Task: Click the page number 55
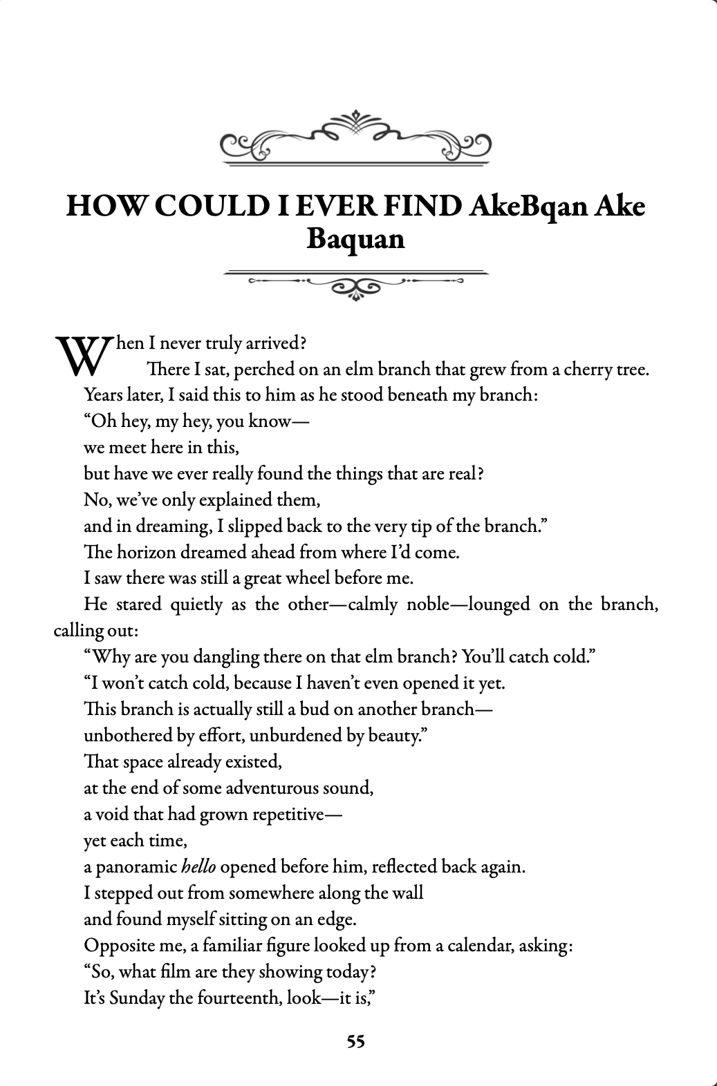pyautogui.click(x=355, y=1041)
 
